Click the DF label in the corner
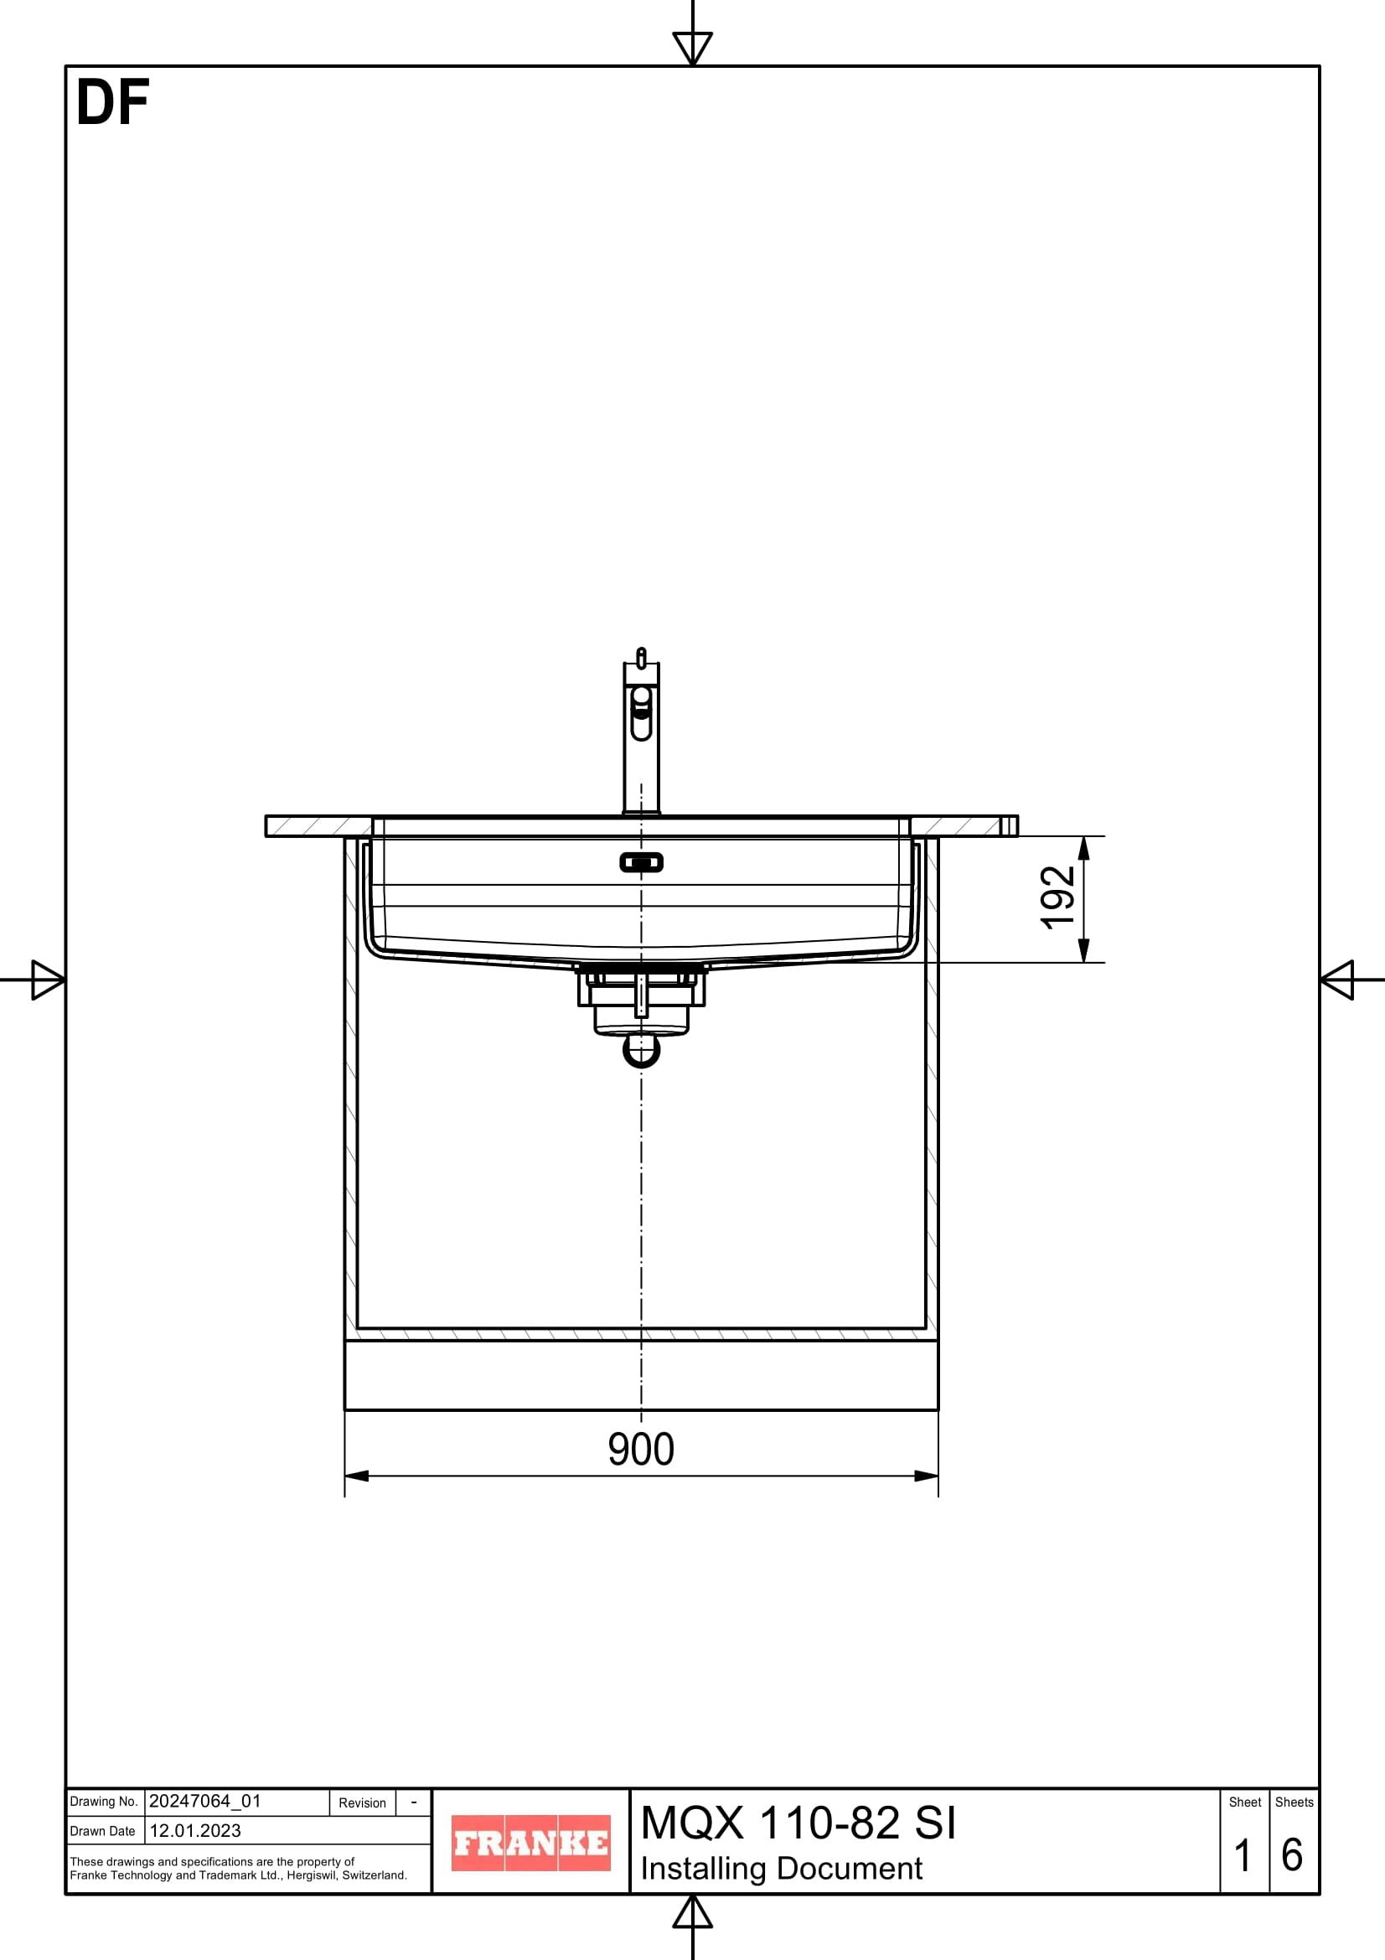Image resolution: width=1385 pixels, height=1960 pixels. [x=112, y=103]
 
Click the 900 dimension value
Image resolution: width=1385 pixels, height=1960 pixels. [x=641, y=1450]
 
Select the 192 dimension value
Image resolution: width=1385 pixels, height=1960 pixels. [x=1057, y=897]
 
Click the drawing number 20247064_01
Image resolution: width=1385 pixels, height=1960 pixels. [x=204, y=1802]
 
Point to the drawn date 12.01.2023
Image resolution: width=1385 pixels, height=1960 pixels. [x=195, y=1830]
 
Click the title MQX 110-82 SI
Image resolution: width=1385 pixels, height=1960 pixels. [x=798, y=1823]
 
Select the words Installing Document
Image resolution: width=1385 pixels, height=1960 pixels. [x=781, y=1869]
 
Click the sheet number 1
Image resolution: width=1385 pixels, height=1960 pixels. [x=1243, y=1856]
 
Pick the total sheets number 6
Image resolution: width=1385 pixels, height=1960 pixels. [x=1292, y=1856]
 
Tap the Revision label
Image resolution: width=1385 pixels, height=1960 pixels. [x=362, y=1803]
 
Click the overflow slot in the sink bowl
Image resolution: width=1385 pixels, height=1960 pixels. [x=641, y=862]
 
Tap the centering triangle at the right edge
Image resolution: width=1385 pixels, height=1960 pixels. [x=1339, y=979]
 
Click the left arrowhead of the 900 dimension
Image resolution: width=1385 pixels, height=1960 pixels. [x=357, y=1476]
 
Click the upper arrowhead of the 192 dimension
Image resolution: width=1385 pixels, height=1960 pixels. [x=1083, y=848]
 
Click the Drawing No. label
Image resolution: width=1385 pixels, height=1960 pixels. [x=103, y=1802]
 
